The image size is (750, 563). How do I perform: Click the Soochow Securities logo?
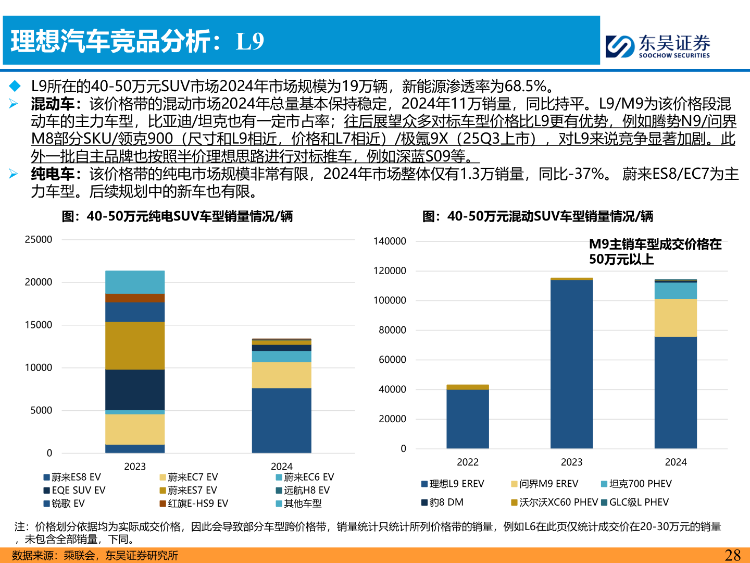658,46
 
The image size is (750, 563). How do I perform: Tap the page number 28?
732,555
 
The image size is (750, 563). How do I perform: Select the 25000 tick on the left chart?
39,240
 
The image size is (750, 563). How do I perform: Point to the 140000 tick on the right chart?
390,241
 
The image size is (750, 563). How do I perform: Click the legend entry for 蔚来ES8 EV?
72,477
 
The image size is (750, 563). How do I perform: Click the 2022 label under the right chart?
467,462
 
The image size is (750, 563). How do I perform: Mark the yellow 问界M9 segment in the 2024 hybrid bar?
676,318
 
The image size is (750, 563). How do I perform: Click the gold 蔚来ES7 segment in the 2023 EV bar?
135,346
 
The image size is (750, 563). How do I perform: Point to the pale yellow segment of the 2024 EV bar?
281,375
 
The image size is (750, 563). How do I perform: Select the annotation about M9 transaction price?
655,252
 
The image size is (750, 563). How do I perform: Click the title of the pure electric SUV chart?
177,216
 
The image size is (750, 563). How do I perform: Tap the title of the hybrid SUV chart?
537,216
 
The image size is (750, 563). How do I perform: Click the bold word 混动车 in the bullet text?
53,104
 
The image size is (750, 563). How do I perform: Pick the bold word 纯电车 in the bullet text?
53,174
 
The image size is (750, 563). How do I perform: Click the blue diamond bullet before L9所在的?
15,86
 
